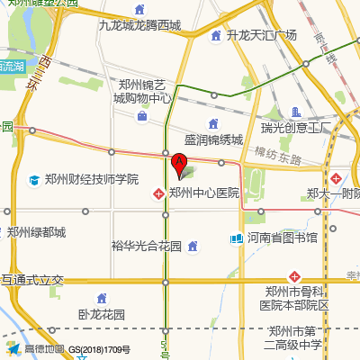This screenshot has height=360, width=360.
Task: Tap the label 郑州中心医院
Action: click(x=203, y=193)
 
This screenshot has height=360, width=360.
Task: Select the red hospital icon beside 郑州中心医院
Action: click(x=158, y=193)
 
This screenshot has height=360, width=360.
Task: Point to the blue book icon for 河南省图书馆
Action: click(x=236, y=238)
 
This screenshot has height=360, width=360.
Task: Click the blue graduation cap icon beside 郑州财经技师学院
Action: click(x=34, y=180)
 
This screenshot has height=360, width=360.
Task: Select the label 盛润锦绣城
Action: click(x=213, y=140)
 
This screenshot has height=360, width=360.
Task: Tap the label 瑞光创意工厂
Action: click(x=297, y=127)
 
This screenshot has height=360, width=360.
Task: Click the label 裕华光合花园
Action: click(x=147, y=245)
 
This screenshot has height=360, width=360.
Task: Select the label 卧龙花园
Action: click(x=101, y=315)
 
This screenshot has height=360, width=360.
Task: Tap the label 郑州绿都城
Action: click(x=37, y=232)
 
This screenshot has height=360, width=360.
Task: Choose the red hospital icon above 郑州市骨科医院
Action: click(x=293, y=275)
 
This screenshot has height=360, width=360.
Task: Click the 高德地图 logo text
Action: click(x=43, y=349)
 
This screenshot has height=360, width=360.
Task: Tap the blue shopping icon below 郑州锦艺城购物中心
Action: click(x=142, y=116)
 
